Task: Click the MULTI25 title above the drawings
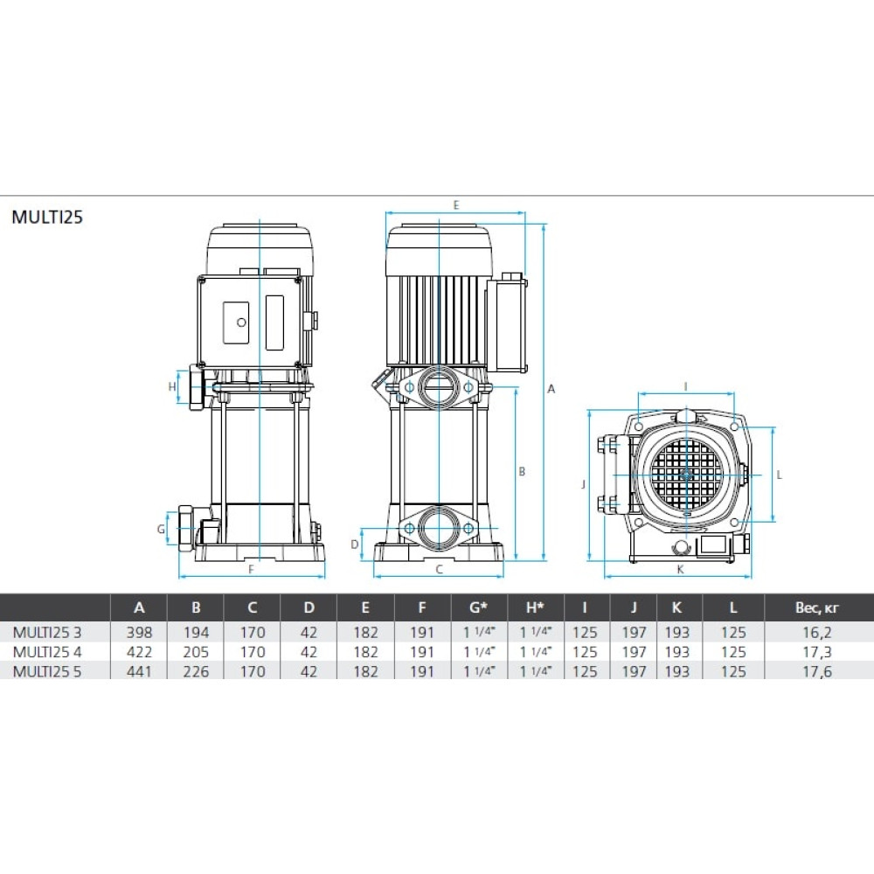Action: point(47,217)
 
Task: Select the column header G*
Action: point(479,607)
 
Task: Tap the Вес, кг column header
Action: point(816,607)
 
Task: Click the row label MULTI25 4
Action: point(47,652)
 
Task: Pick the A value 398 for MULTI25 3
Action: point(139,633)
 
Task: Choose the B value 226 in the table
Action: point(196,671)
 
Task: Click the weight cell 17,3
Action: point(816,652)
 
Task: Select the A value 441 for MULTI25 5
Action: point(139,671)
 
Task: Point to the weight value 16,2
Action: point(816,633)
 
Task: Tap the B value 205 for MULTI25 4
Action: point(196,652)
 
